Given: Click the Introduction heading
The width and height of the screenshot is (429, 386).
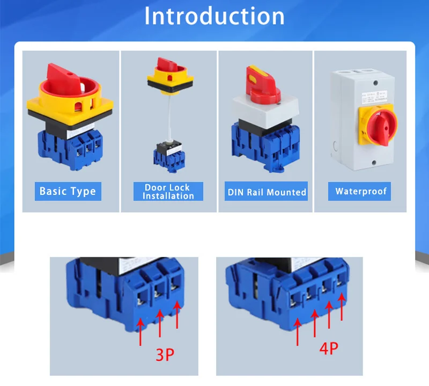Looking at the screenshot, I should (214, 16).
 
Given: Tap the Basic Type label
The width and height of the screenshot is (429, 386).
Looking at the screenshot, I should (68, 191).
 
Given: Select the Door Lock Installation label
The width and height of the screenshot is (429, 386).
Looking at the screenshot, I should (168, 192).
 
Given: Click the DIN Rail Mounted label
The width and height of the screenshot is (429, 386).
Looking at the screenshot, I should (267, 192).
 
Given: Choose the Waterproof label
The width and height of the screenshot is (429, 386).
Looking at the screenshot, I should (361, 191).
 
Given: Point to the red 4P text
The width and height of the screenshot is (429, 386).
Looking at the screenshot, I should (328, 348).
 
